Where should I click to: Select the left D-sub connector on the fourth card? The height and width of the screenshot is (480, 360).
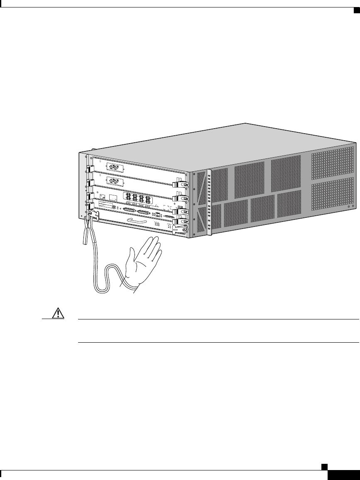(129, 210)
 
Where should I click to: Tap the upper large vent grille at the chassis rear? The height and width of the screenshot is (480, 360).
(333, 162)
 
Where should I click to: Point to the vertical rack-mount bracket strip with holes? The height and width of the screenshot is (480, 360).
(209, 203)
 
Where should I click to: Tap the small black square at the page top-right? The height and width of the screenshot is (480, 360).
(356, 10)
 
